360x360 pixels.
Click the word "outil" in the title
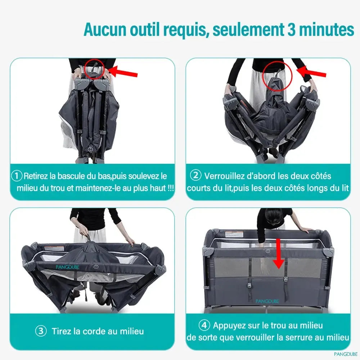tap(145, 30)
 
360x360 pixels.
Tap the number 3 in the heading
tap(291, 30)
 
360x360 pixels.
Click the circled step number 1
tap(17, 176)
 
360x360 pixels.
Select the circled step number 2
tap(195, 175)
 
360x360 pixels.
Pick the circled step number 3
tap(41, 331)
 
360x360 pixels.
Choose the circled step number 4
tap(204, 325)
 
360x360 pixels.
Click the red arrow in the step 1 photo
tap(123, 71)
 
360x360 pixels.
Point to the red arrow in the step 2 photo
tap(311, 71)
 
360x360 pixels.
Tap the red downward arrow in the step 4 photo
tap(279, 253)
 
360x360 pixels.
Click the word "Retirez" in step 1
tap(36, 176)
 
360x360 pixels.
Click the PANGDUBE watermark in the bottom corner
tap(346, 354)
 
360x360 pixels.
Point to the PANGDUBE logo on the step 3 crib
tap(68, 267)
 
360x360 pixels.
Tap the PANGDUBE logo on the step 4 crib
tap(267, 301)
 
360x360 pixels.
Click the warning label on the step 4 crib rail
tap(234, 235)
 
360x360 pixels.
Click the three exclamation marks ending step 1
tap(171, 188)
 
